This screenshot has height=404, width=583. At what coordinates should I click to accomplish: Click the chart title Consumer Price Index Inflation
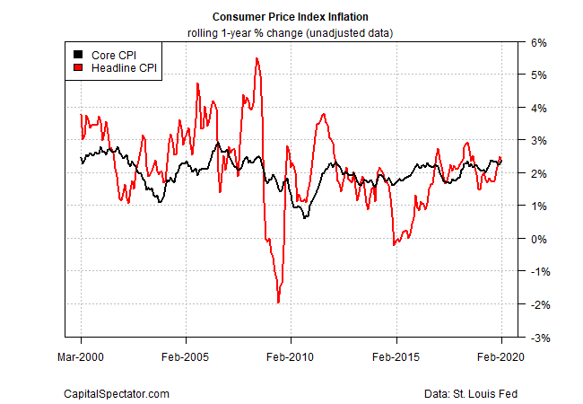(291, 17)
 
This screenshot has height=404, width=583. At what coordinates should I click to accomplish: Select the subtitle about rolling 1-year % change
(291, 32)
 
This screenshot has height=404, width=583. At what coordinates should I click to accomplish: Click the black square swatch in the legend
(78, 54)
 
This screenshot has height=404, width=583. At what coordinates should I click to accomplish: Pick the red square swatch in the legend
(78, 67)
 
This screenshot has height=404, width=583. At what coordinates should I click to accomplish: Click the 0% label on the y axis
(535, 239)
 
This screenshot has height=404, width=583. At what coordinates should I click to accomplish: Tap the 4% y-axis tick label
(535, 108)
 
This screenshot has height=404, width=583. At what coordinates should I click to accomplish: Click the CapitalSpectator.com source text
(116, 394)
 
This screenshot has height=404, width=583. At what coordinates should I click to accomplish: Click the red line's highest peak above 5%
(257, 59)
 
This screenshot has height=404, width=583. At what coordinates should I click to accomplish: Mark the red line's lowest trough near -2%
(278, 303)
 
